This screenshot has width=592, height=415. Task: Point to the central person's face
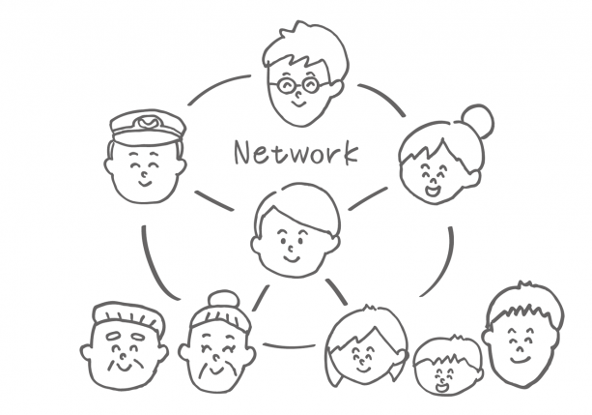click(293, 241)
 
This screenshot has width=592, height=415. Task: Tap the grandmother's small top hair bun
click(224, 298)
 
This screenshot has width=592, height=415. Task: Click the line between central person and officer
click(213, 199)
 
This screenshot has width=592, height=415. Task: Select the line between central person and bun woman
click(368, 199)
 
